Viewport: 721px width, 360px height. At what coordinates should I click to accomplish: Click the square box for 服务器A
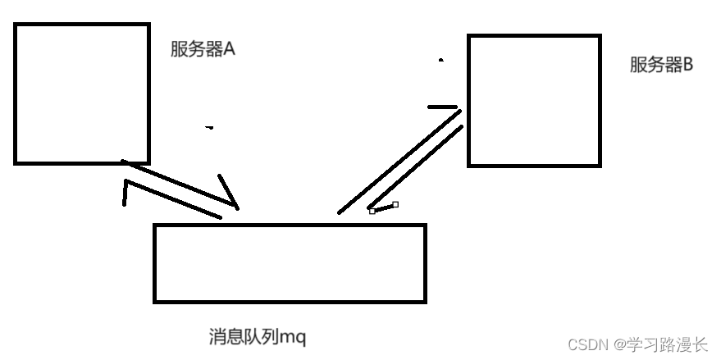point(81,93)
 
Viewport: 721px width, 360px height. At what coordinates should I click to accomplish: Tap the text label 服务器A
point(203,49)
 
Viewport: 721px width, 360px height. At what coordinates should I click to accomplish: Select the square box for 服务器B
point(534,100)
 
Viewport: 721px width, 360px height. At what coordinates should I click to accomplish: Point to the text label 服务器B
point(661,66)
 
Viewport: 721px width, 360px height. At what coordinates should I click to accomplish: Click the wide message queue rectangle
point(290,262)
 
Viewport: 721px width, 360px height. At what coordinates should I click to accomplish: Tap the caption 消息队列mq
point(257,336)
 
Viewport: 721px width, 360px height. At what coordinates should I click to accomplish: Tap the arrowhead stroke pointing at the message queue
point(229,192)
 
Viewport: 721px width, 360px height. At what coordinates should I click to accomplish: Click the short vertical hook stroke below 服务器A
point(125,194)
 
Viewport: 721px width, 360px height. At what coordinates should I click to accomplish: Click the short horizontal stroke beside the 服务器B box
point(443,107)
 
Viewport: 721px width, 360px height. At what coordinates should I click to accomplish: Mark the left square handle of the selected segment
point(372,211)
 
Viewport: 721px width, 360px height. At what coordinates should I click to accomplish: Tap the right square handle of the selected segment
point(395,204)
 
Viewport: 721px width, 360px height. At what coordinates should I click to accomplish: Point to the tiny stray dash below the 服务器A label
point(209,127)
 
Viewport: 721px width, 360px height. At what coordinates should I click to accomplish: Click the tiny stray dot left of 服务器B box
point(441,60)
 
